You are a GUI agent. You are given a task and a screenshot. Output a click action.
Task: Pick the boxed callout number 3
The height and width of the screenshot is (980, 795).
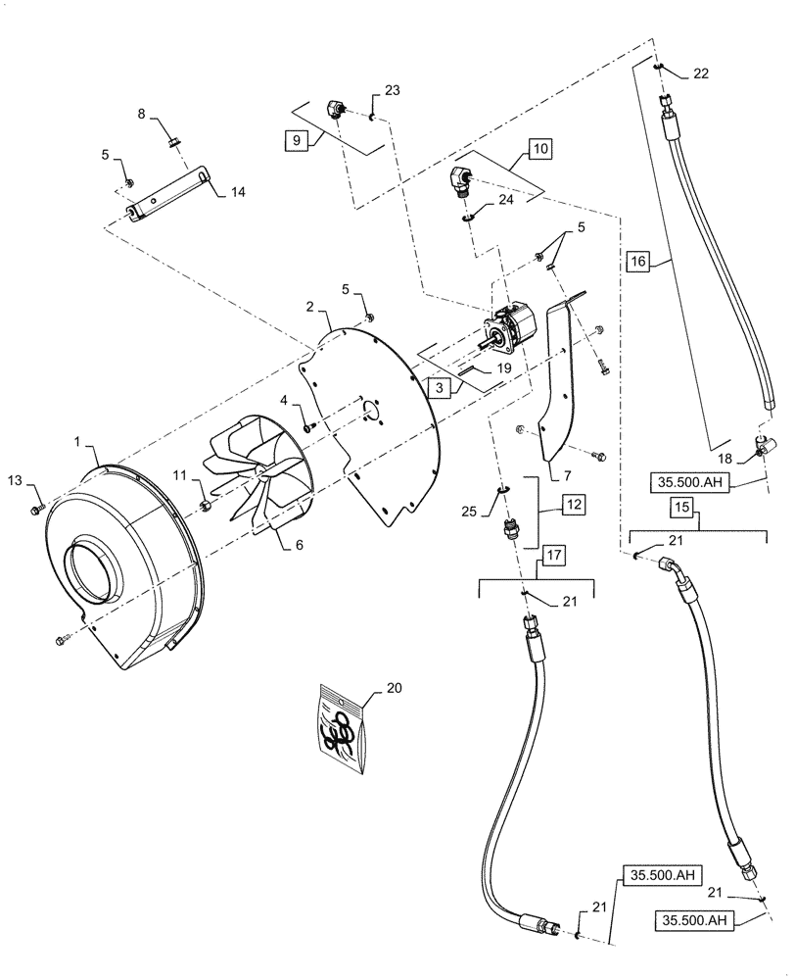442,388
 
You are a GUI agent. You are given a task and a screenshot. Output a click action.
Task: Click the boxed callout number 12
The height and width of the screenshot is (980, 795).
572,506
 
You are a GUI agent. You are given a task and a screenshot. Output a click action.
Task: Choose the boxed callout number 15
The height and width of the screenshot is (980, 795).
681,506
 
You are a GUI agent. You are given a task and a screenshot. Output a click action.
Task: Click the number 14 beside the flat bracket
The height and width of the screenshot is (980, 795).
238,192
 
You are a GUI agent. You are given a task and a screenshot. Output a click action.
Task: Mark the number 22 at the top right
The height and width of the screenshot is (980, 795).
701,73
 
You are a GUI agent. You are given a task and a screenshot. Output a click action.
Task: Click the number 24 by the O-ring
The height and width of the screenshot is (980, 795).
506,201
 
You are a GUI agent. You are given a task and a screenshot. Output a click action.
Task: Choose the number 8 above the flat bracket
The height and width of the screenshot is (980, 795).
141,114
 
